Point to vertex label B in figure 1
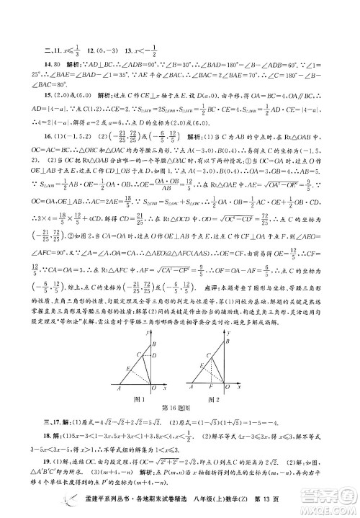point(154,344)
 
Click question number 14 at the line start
point(48,82)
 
